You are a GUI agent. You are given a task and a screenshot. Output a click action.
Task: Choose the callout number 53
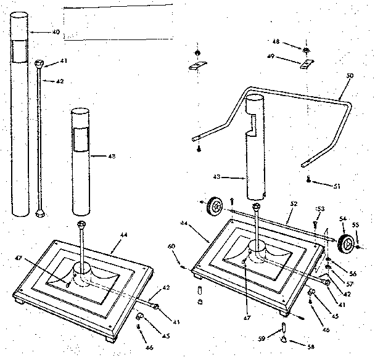coord(320,210)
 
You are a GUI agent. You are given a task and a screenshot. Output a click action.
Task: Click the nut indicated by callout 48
coord(306,49)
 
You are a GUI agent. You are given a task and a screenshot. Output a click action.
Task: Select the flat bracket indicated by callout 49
coord(307,63)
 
